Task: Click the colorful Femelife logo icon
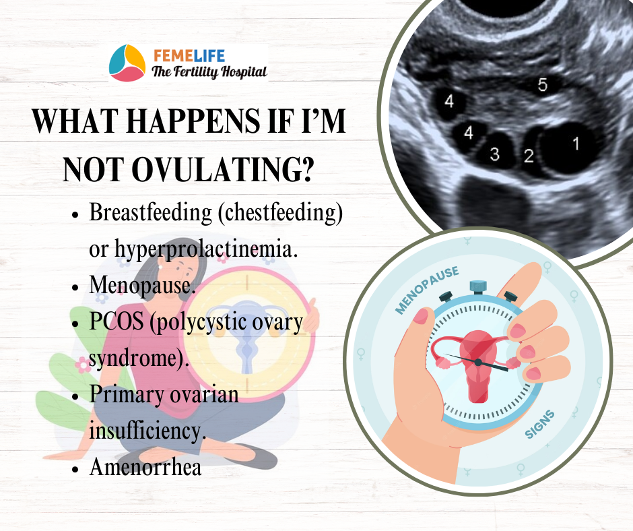pyautogui.click(x=127, y=63)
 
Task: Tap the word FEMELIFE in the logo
pyautogui.click(x=189, y=55)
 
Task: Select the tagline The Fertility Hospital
pyautogui.click(x=209, y=72)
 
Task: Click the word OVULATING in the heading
pyautogui.click(x=222, y=169)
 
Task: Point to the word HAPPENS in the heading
pyautogui.click(x=191, y=121)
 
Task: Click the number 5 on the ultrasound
pyautogui.click(x=543, y=85)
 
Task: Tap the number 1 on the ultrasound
pyautogui.click(x=576, y=144)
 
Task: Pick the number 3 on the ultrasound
pyautogui.click(x=494, y=154)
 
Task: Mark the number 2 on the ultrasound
pyautogui.click(x=529, y=156)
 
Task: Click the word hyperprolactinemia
pyautogui.click(x=206, y=249)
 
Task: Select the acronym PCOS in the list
pyautogui.click(x=116, y=321)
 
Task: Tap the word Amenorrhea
pyautogui.click(x=145, y=467)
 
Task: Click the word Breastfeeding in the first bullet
pyautogui.click(x=150, y=212)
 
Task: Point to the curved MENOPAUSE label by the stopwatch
pyautogui.click(x=426, y=289)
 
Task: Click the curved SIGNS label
pyautogui.click(x=539, y=425)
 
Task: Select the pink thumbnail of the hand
pyautogui.click(x=420, y=315)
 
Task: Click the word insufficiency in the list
pyautogui.click(x=147, y=431)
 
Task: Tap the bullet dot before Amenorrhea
pyautogui.click(x=75, y=470)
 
